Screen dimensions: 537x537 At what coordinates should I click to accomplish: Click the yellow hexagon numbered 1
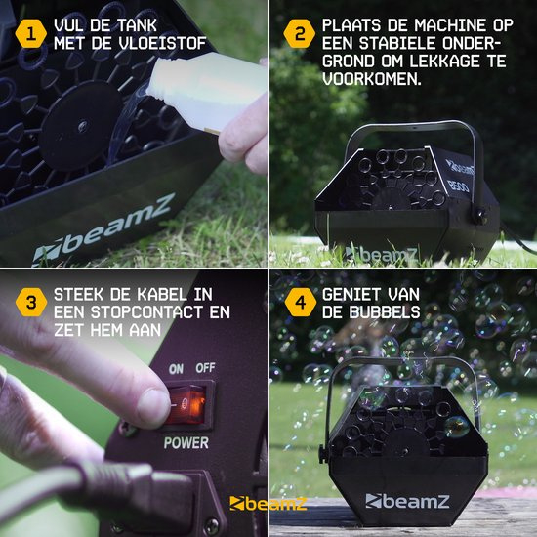[31, 33]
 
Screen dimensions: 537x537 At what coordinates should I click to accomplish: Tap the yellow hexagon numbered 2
[300, 33]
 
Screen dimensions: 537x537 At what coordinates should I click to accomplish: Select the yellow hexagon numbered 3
[31, 302]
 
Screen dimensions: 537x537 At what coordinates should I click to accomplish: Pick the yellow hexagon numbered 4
[300, 302]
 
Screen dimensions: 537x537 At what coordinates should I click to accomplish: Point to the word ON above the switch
[176, 369]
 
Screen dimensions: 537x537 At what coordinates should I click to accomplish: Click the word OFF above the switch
[205, 368]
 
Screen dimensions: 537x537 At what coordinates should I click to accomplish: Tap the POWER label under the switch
[186, 443]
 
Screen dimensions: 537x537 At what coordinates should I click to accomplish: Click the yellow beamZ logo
[268, 503]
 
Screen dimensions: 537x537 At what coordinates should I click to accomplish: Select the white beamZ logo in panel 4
[407, 501]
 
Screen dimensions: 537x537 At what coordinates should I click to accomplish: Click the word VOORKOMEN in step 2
[371, 79]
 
